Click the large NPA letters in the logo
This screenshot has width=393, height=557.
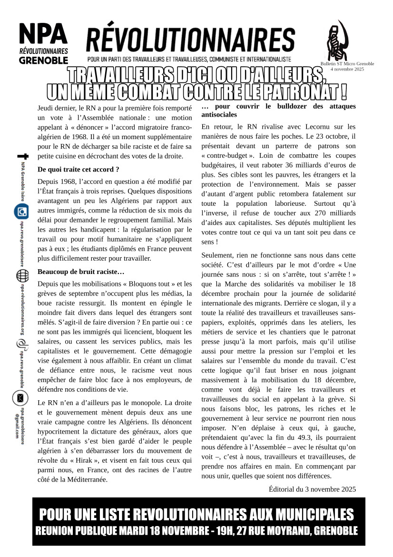click(x=43, y=34)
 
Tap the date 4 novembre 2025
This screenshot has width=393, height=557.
click(x=347, y=69)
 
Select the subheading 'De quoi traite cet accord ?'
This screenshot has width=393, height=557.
click(x=78, y=169)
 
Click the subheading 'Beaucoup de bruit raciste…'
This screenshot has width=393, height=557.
click(x=81, y=272)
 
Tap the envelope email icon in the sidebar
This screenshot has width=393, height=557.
click(x=21, y=397)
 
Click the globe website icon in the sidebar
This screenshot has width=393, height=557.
click(x=22, y=276)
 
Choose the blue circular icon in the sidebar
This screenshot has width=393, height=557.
click(x=21, y=211)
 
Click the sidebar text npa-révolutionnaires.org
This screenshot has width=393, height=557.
click(x=22, y=310)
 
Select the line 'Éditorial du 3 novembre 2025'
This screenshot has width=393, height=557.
click(x=312, y=489)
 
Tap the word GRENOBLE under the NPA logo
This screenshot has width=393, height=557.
click(x=43, y=61)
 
